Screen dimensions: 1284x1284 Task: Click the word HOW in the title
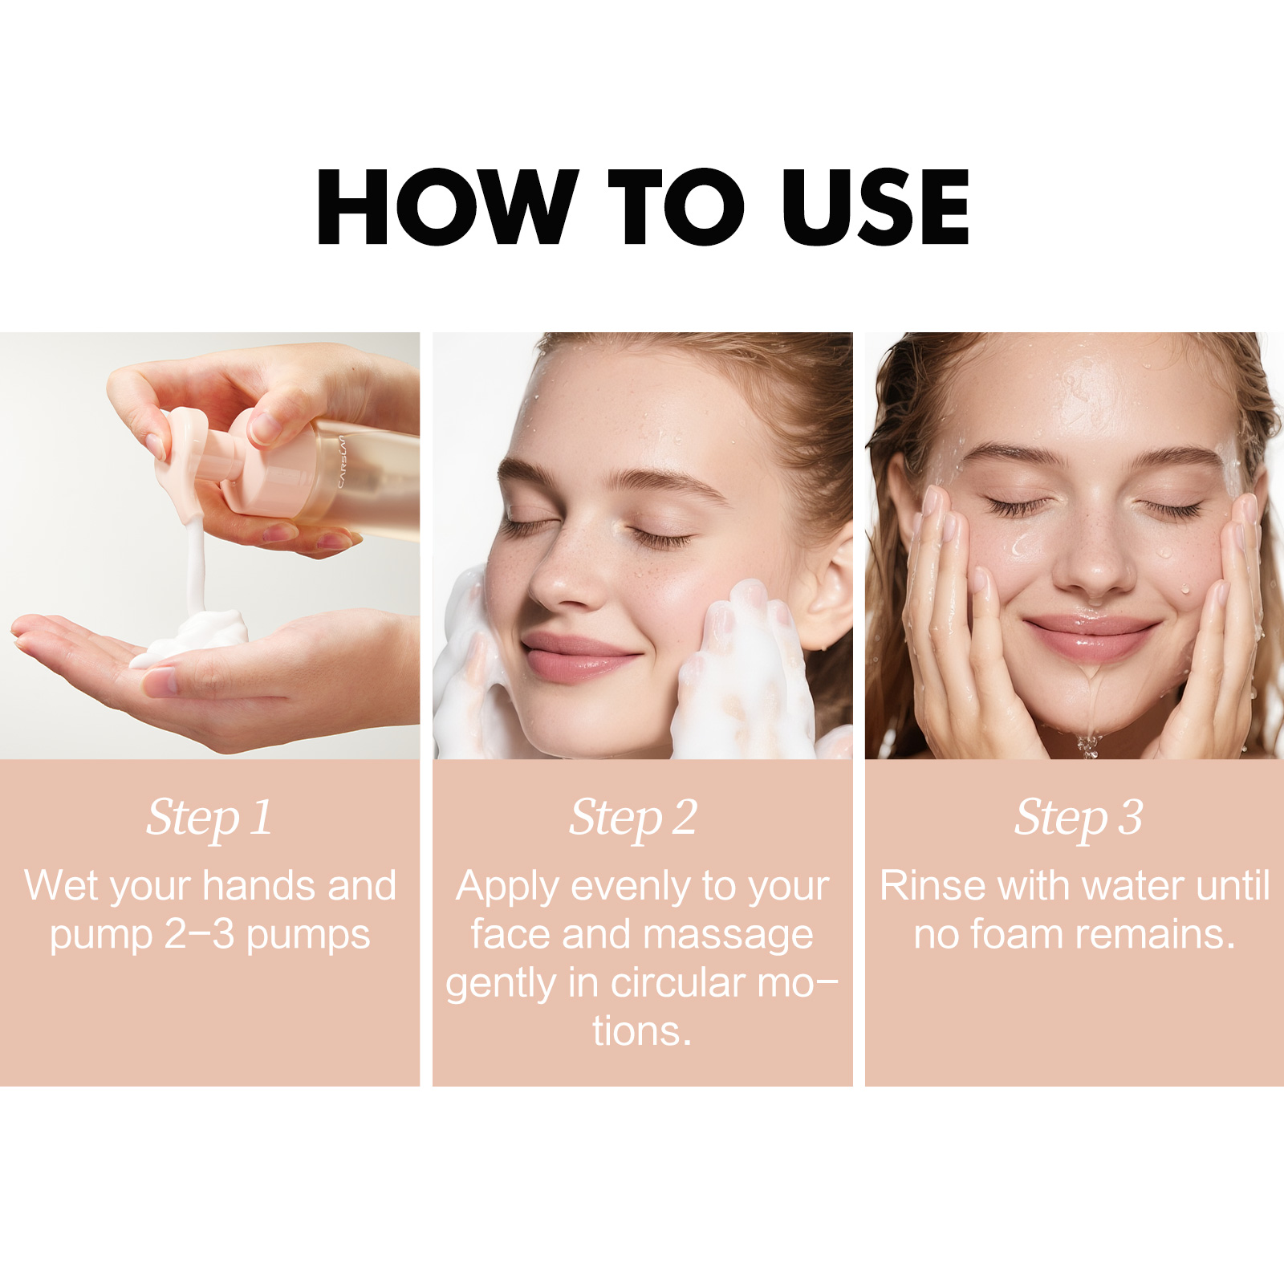point(446,206)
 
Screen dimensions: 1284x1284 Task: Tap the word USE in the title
point(876,206)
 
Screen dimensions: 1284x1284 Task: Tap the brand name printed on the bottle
point(341,461)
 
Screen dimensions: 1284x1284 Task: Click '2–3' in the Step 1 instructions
point(200,934)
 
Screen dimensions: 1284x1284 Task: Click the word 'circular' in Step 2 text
point(679,983)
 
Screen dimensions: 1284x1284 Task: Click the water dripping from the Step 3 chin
point(1088,742)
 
